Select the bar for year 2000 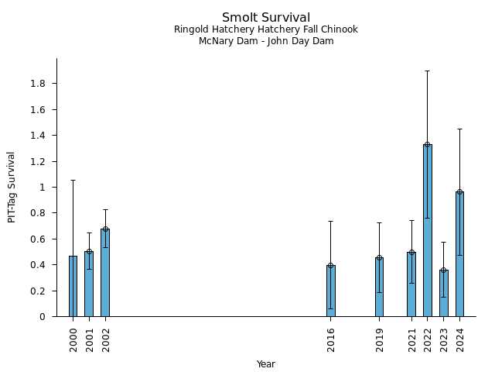pos(73,286)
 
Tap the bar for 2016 pos(330,291)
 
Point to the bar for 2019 pos(379,287)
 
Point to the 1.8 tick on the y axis pos(43,84)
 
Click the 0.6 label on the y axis pos(43,239)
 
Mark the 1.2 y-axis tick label pos(43,161)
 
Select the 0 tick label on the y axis pos(48,316)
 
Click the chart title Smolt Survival pos(266,18)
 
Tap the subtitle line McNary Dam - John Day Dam pos(266,41)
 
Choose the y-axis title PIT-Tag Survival pos(12,187)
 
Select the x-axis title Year pos(266,364)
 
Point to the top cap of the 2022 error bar pos(427,71)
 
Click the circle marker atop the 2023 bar pos(443,270)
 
